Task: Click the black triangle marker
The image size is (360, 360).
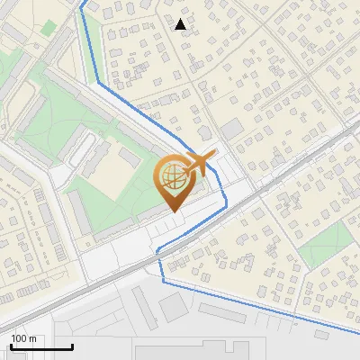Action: (x=182, y=24)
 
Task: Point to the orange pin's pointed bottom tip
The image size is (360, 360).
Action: (x=172, y=211)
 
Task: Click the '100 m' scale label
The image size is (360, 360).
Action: (x=23, y=338)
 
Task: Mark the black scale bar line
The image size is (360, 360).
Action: (x=40, y=346)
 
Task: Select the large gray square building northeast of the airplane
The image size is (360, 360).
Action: (x=232, y=130)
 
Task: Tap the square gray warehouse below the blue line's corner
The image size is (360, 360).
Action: (x=175, y=306)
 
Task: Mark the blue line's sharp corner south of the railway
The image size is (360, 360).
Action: (x=163, y=281)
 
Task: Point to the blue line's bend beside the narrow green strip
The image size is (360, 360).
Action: (x=96, y=84)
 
